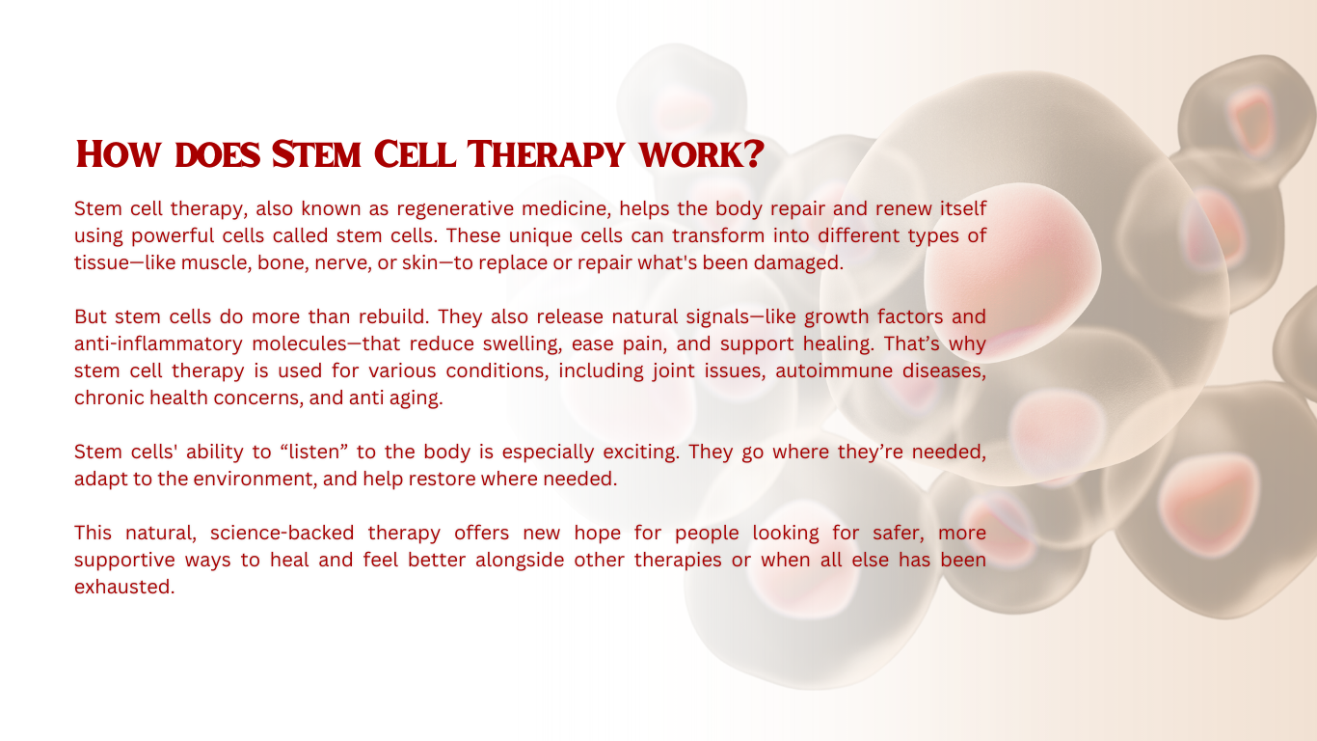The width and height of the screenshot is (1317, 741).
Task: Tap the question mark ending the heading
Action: pyautogui.click(x=754, y=154)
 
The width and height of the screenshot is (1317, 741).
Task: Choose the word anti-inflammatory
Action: pyautogui.click(x=158, y=343)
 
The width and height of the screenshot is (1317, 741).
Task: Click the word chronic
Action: pyautogui.click(x=109, y=398)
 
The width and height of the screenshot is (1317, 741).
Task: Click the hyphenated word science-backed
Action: pyautogui.click(x=282, y=533)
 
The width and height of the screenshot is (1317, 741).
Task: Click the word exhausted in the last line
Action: pyautogui.click(x=124, y=587)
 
